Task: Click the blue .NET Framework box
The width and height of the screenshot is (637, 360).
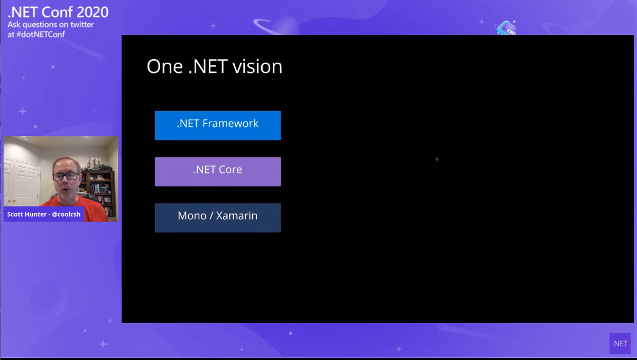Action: [x=218, y=125]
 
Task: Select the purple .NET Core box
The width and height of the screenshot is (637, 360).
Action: [x=218, y=171]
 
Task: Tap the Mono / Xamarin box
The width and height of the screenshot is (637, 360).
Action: [x=218, y=218]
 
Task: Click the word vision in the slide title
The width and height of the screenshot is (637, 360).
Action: [x=257, y=67]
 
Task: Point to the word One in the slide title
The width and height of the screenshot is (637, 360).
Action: [x=164, y=67]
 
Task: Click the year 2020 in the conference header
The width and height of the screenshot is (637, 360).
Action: [x=93, y=12]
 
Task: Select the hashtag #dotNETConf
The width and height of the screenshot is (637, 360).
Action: [x=41, y=34]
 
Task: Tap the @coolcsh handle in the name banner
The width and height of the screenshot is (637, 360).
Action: [x=66, y=214]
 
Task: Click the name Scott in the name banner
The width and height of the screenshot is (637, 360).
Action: [x=15, y=214]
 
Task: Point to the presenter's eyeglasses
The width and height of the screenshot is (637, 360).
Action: [x=66, y=177]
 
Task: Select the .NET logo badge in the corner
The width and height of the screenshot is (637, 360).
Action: [x=620, y=344]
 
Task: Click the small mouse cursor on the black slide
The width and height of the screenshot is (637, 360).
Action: [x=437, y=159]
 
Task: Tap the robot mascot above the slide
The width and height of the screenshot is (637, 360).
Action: [x=506, y=28]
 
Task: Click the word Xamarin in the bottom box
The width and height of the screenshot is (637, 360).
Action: [x=237, y=216]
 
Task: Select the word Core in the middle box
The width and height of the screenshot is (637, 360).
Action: [x=230, y=170]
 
